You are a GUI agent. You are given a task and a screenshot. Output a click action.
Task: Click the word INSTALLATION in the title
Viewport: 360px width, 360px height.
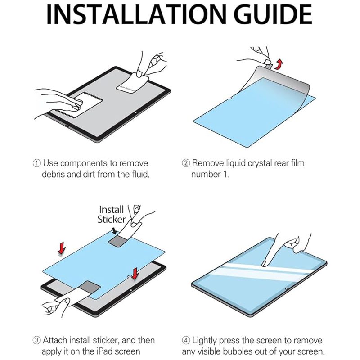coord(137,14)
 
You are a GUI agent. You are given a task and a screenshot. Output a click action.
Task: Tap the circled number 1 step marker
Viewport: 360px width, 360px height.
coord(37,163)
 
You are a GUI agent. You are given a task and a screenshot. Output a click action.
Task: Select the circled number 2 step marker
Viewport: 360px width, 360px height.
coord(186,163)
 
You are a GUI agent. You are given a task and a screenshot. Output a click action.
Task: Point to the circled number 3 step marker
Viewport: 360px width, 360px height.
coord(37,340)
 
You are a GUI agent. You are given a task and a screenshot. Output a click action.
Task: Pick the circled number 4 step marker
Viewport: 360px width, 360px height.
coord(186,340)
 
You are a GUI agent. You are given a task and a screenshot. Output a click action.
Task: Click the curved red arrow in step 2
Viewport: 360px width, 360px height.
coord(279,64)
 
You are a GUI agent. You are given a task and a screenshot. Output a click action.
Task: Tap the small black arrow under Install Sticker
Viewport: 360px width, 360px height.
coord(114,230)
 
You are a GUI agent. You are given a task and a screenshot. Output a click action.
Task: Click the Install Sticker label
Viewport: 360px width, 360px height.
coord(112,215)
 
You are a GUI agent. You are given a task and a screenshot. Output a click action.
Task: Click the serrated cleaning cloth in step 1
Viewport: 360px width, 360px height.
coord(79,105)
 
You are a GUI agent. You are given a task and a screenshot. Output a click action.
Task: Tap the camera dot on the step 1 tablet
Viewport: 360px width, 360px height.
coord(136,112)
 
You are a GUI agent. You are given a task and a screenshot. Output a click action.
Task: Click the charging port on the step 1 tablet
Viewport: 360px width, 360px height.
coord(67,127)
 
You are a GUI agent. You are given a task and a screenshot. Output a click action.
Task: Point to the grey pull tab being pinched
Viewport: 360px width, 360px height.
coord(268,66)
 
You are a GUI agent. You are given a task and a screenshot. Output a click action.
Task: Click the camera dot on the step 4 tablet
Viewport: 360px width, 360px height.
coord(286,289)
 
